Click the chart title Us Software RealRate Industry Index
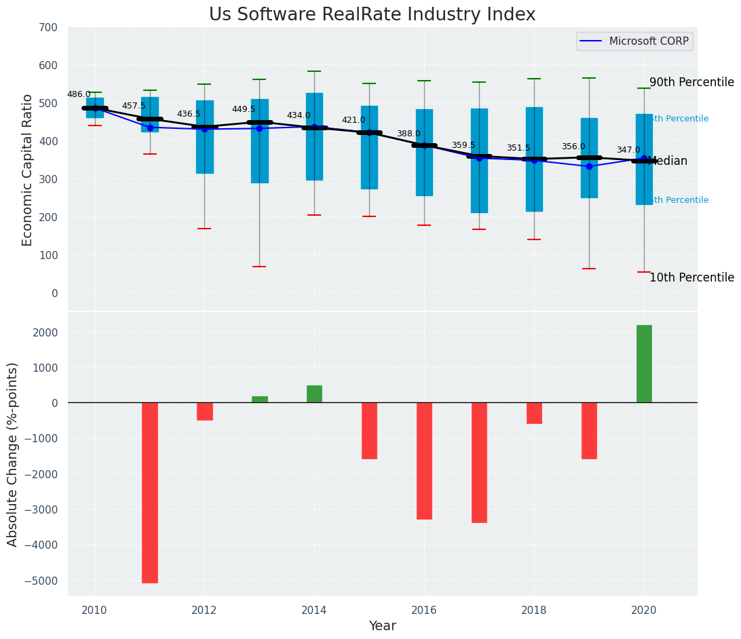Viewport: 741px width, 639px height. point(372,15)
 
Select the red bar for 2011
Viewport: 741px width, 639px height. point(150,492)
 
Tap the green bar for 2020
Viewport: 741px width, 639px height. point(644,364)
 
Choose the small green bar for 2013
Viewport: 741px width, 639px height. point(259,400)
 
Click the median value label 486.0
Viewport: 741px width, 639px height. point(79,94)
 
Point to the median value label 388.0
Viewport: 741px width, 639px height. point(408,134)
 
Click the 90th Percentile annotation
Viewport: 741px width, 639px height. point(691,83)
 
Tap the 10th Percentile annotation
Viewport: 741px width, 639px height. point(691,277)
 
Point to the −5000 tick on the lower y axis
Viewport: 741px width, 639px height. point(41,581)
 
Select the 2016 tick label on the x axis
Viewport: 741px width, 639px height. point(424,610)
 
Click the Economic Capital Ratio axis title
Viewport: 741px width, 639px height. point(28,170)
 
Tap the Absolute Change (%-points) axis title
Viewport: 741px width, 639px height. point(13,454)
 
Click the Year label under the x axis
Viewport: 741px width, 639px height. point(382,626)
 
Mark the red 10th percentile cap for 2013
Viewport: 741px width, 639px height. point(259,267)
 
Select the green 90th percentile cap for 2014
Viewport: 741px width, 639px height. point(314,71)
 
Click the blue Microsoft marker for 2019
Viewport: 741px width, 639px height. point(589,166)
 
